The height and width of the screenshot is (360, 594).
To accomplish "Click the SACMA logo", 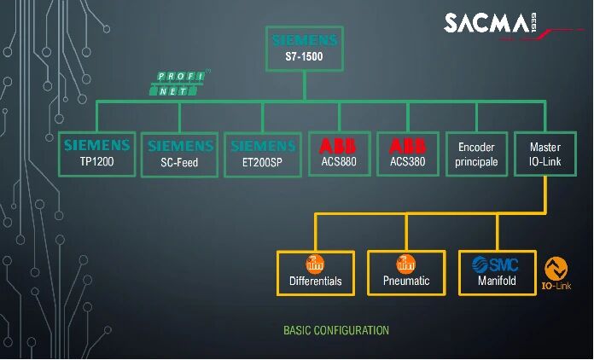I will coord(487,23).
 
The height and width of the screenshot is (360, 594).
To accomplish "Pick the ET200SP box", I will coord(263,153).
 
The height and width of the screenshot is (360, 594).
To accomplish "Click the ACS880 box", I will coord(339,153).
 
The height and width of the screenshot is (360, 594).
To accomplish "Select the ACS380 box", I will coord(407,153).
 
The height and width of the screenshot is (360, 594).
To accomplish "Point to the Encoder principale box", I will coord(476,154).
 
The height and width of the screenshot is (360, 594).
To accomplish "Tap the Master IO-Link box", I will coord(544,154).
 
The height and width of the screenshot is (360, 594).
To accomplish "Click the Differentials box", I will coord(315,272).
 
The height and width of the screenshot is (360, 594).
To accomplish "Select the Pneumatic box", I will coord(406,272).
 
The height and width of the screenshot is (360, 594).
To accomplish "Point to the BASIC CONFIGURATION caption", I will coord(335,330).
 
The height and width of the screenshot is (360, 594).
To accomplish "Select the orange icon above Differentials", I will coord(315,263).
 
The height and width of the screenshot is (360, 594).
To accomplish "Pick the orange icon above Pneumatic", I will coord(406,263).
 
